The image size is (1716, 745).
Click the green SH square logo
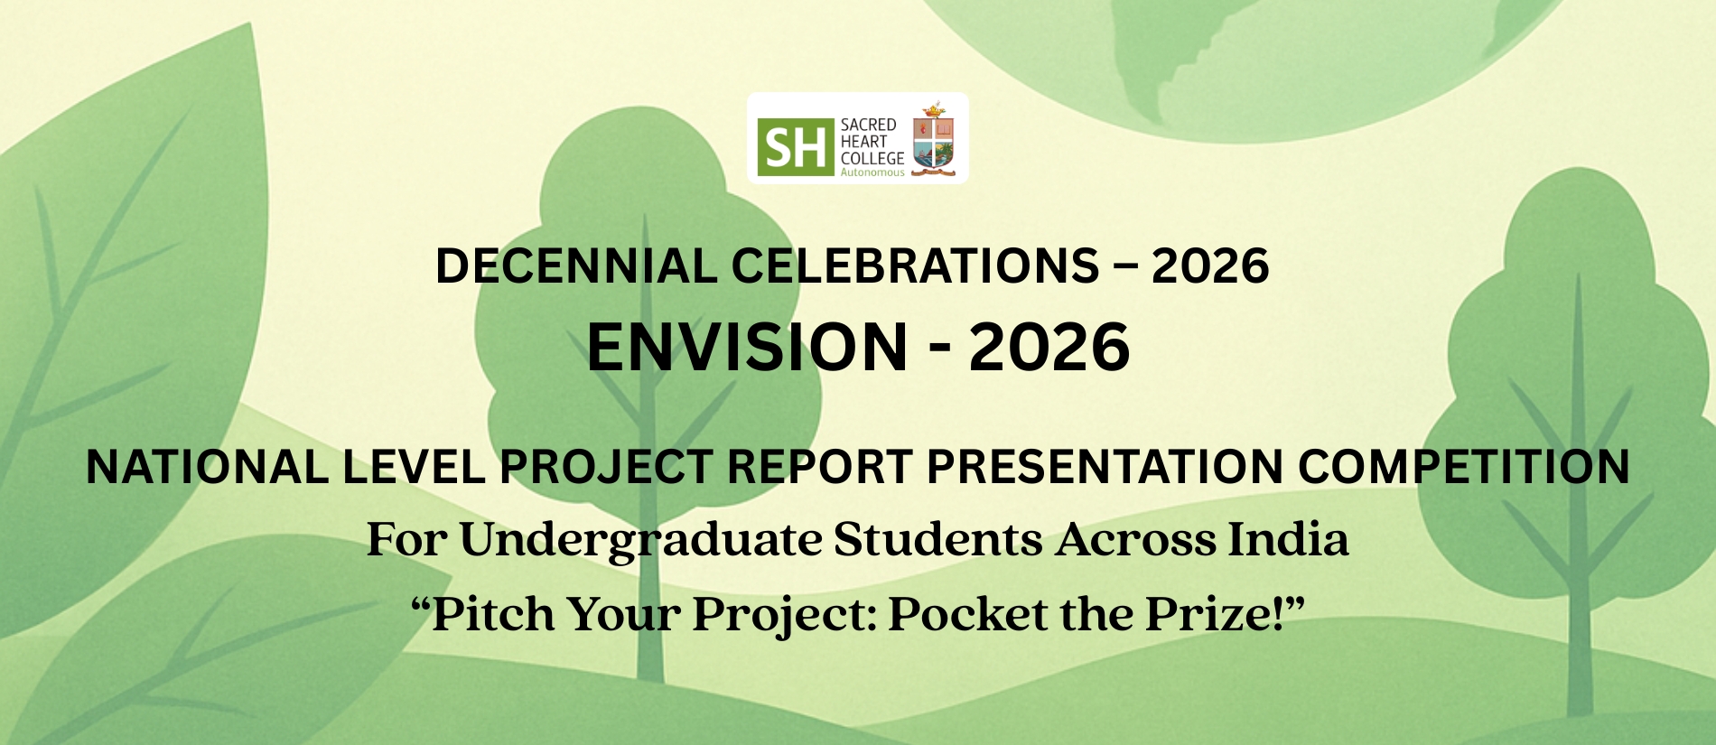click(796, 146)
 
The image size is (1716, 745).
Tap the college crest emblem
click(934, 139)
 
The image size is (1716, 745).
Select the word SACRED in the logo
click(868, 125)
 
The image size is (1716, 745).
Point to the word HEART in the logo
click(863, 141)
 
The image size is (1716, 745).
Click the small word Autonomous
click(872, 172)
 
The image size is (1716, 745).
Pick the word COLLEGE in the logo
click(872, 158)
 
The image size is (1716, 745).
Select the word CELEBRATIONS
click(915, 266)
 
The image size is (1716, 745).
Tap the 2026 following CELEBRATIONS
click(1210, 266)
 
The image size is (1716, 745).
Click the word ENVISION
click(748, 347)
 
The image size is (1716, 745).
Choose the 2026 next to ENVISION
click(1049, 347)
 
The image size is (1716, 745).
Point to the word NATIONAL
click(207, 467)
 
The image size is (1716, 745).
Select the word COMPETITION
click(1463, 467)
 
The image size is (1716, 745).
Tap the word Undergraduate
click(640, 540)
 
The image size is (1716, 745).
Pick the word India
click(1288, 539)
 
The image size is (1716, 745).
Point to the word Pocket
click(969, 614)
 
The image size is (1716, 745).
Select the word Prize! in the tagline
click(1216, 614)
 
